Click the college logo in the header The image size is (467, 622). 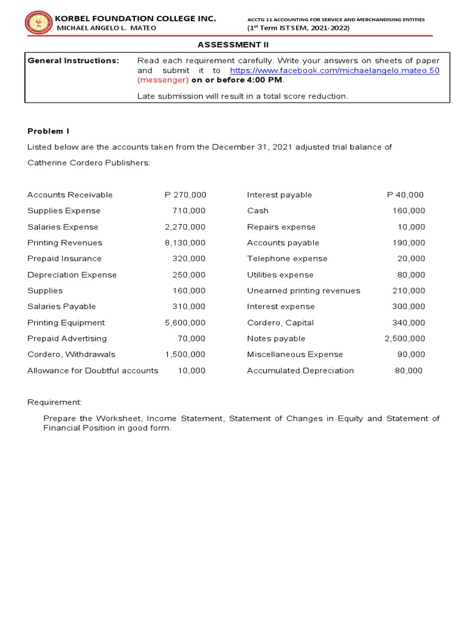pos(38,23)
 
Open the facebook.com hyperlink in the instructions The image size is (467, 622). pos(334,70)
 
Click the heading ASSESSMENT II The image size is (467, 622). pos(233,44)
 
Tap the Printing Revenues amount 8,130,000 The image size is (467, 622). pos(185,242)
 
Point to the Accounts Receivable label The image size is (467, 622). pos(70,195)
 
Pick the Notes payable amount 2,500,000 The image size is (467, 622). pos(404,338)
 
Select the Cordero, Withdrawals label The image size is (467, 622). pos(71,354)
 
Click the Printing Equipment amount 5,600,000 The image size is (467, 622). pos(185,323)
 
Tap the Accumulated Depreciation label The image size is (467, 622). pos(300,371)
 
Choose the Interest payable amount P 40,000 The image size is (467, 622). pos(405,195)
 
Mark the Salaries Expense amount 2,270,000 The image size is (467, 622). pos(185,227)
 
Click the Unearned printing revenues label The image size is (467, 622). pos(303,290)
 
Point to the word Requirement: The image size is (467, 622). pos(55,402)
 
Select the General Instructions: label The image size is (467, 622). pos(74,61)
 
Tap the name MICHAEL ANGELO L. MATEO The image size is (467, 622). pos(106,28)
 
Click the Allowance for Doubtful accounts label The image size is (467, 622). pos(92,371)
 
